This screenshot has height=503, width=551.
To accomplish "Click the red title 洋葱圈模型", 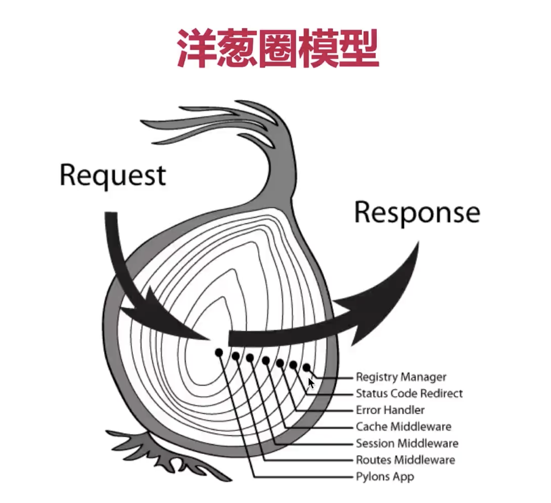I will point(277,49).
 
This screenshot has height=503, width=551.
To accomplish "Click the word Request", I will point(113,175).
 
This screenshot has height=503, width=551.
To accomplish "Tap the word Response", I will point(417,213).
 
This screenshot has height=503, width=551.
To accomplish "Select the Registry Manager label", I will point(401,377).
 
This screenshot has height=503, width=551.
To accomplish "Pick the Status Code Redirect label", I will point(409,394).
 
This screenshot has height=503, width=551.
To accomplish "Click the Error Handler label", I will point(390,410).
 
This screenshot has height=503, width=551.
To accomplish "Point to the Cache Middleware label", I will point(403,426).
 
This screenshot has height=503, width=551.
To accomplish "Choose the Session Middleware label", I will point(407,443).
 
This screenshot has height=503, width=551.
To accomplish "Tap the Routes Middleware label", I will point(405,460).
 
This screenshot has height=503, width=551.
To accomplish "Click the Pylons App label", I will point(385,477).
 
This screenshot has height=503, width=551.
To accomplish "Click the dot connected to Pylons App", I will point(219,353).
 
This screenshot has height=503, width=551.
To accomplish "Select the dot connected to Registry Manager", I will point(307,368).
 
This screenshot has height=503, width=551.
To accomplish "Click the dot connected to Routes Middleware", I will point(235,356).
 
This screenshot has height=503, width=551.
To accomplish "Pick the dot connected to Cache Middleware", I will point(266,360).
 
